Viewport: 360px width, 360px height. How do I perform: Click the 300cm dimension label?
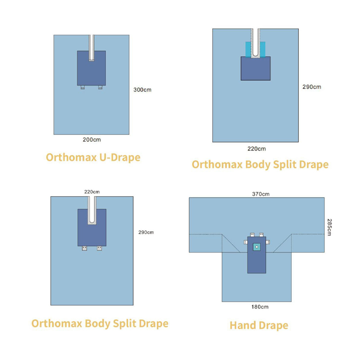pyautogui.click(x=142, y=90)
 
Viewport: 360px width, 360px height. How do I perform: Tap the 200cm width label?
pyautogui.click(x=92, y=139)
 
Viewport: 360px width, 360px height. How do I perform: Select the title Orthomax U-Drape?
pyautogui.click(x=93, y=157)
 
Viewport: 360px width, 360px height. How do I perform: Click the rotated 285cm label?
pyautogui.click(x=330, y=227)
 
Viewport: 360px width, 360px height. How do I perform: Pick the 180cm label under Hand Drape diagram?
pyautogui.click(x=260, y=307)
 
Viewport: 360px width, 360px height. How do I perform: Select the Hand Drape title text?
pyautogui.click(x=259, y=325)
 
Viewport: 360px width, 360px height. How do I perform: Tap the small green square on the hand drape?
pyautogui.click(x=256, y=247)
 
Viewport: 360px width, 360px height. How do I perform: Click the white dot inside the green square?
pyautogui.click(x=256, y=247)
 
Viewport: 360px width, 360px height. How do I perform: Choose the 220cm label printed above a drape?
pyautogui.click(x=92, y=192)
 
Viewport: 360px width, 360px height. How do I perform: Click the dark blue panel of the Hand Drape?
pyautogui.click(x=256, y=263)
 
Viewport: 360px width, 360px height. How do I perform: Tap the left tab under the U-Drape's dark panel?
pyautogui.click(x=83, y=87)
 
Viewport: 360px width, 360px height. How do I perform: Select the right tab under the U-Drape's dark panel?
pyautogui.click(x=100, y=87)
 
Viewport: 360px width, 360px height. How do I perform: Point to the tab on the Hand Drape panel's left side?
pyautogui.click(x=245, y=242)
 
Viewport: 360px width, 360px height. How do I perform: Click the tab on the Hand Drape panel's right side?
pyautogui.click(x=268, y=242)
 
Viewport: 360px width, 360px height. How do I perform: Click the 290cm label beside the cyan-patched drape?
pyautogui.click(x=311, y=87)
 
